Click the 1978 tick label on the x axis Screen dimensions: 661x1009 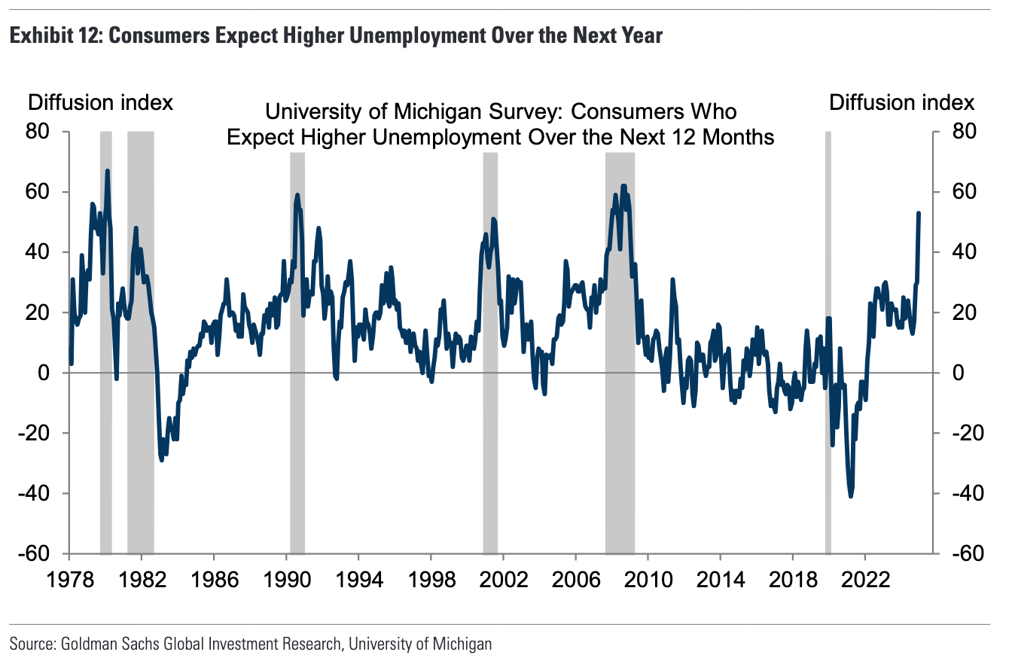coord(69,582)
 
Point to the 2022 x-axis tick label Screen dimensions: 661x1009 coord(864,582)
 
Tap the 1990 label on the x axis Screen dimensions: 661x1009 coord(286,582)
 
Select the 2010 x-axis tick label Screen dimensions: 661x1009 coord(648,582)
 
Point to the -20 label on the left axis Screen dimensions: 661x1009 coord(35,433)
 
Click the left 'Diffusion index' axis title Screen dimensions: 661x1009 coord(101,102)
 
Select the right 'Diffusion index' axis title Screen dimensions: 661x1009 coord(902,102)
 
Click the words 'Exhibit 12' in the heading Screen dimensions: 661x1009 coord(52,35)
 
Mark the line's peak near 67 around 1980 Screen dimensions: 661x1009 coord(107,171)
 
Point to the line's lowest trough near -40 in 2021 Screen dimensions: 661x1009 coord(851,496)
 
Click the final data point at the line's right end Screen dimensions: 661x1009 coord(919,213)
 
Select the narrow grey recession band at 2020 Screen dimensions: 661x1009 coord(828,339)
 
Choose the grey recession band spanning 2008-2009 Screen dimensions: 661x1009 coord(620,339)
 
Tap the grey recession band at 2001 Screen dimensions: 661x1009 coord(490,339)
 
